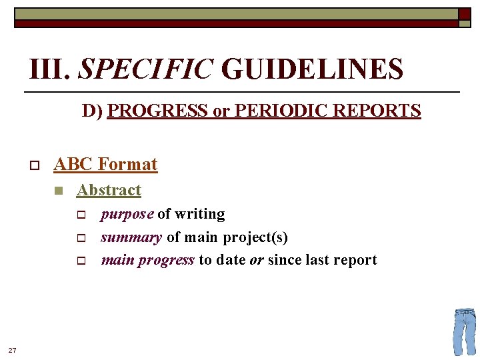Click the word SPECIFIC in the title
point(146,69)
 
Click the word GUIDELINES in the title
point(312,69)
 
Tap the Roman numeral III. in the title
point(51,69)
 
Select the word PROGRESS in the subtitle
point(157,111)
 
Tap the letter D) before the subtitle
point(93,111)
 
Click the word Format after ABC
point(127,164)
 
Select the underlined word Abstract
point(109,190)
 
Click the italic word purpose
point(127,215)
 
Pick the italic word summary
point(131,237)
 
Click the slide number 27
point(12,349)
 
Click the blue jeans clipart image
point(464,331)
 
